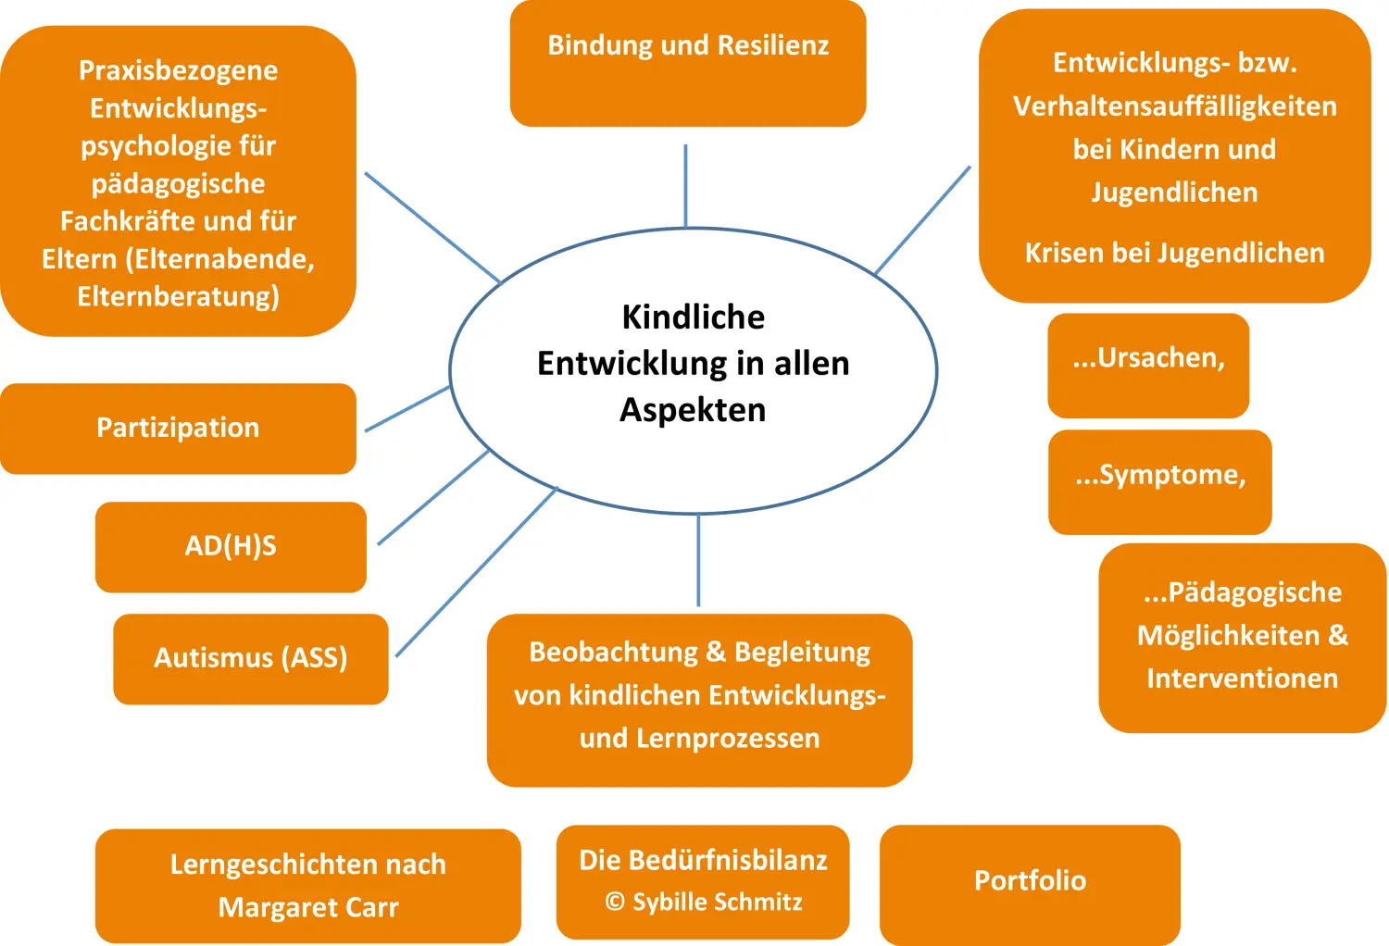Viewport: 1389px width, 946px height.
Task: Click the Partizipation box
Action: click(178, 428)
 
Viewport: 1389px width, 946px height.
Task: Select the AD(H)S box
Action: click(231, 546)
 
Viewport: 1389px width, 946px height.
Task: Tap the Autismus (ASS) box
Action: click(250, 658)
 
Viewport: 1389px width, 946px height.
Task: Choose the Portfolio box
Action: click(1030, 880)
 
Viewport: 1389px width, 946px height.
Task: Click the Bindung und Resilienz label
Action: click(688, 45)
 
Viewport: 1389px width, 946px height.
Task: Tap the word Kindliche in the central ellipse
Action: click(694, 317)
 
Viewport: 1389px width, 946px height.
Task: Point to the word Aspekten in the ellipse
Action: click(693, 409)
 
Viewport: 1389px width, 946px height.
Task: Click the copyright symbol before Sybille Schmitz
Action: click(615, 902)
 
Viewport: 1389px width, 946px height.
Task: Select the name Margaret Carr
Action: click(308, 907)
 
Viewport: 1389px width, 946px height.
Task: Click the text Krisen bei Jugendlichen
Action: click(1174, 253)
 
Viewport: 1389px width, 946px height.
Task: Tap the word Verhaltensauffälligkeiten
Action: click(1174, 106)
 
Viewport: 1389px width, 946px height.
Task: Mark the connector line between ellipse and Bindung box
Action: click(685, 185)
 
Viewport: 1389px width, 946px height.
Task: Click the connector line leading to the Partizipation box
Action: click(407, 409)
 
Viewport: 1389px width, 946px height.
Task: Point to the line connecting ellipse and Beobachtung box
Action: click(698, 560)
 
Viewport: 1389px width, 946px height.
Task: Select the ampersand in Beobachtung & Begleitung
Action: click(716, 652)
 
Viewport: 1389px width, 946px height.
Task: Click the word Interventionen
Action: click(1242, 678)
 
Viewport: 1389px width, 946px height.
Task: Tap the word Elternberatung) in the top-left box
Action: click(178, 296)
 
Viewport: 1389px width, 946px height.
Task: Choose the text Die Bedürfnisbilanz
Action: click(703, 860)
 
